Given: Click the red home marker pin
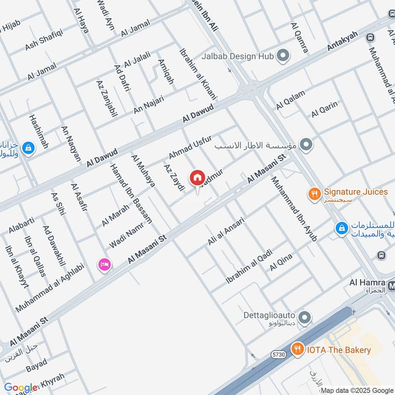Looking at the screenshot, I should pyautogui.click(x=197, y=178).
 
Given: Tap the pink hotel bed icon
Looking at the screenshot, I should pyautogui.click(x=105, y=265).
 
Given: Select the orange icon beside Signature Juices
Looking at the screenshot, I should pyautogui.click(x=314, y=194).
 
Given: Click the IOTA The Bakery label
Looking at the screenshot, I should pyautogui.click(x=338, y=350).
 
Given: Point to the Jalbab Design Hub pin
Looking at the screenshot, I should pyautogui.click(x=283, y=56).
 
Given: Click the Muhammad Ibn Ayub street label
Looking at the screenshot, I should pyautogui.click(x=293, y=208).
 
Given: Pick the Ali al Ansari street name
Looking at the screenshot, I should pyautogui.click(x=226, y=231).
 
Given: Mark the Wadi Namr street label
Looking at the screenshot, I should pyautogui.click(x=126, y=236).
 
